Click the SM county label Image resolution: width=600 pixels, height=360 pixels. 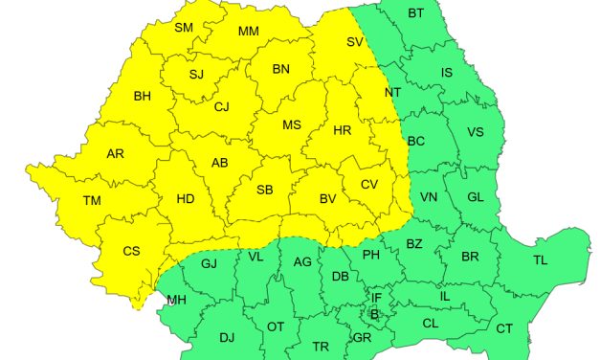click(x=185, y=28)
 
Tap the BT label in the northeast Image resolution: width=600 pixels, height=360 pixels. click(x=415, y=13)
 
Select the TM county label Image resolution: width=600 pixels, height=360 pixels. click(x=92, y=200)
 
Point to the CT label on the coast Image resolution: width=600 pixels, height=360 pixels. click(x=504, y=328)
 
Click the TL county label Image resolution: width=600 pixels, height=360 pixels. click(x=541, y=259)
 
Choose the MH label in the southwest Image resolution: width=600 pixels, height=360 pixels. click(x=177, y=301)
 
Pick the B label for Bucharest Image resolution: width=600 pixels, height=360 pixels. click(x=375, y=314)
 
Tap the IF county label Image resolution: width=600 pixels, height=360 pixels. click(x=377, y=298)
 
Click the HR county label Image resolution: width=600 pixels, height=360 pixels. click(x=343, y=131)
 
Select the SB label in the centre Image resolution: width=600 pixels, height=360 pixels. click(x=265, y=190)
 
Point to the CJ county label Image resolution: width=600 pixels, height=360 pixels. click(x=222, y=106)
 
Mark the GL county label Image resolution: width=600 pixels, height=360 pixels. click(x=476, y=197)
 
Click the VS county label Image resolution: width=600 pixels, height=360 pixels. click(x=476, y=131)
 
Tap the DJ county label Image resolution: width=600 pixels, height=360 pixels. click(x=227, y=337)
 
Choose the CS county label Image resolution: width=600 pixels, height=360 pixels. click(x=132, y=252)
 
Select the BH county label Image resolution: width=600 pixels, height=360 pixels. click(x=143, y=96)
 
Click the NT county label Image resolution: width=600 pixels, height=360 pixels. click(x=392, y=93)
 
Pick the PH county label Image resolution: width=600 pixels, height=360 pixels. click(x=370, y=255)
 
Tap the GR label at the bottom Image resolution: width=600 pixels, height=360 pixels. click(x=362, y=338)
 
